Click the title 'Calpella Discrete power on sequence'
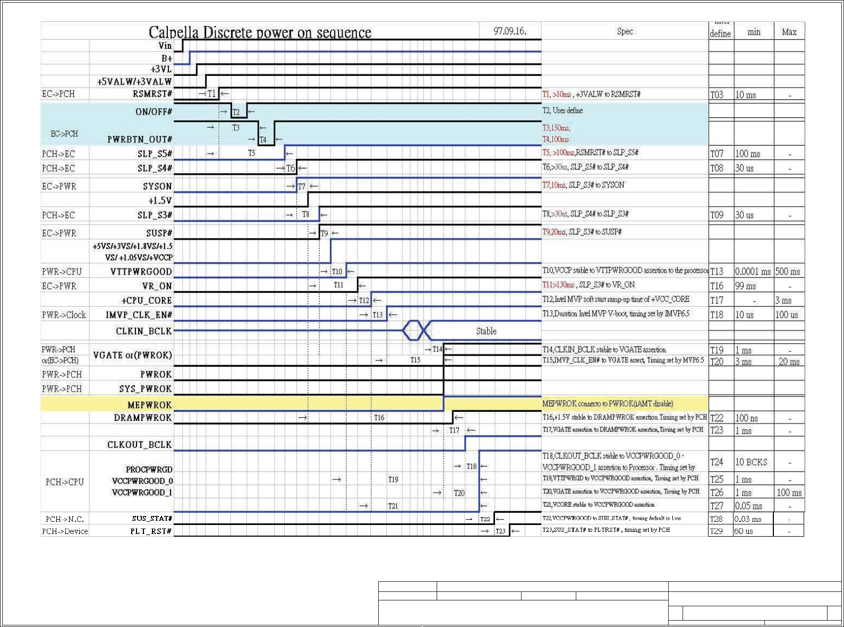tap(260, 32)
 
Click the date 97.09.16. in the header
tap(510, 31)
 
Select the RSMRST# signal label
tap(152, 94)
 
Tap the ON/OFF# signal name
tap(154, 112)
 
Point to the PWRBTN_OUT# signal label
tap(140, 139)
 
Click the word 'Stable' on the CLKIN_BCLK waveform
tap(486, 331)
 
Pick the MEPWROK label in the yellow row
tap(150, 405)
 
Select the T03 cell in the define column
tap(717, 95)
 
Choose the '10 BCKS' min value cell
tap(751, 462)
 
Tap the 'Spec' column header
tap(625, 31)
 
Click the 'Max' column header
tap(789, 32)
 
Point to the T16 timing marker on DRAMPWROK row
tap(379, 418)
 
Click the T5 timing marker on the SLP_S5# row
tap(252, 153)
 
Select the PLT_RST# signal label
tap(151, 531)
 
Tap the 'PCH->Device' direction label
tap(65, 531)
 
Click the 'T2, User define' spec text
tap(562, 111)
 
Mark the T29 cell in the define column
tap(717, 531)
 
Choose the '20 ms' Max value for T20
tap(789, 362)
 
